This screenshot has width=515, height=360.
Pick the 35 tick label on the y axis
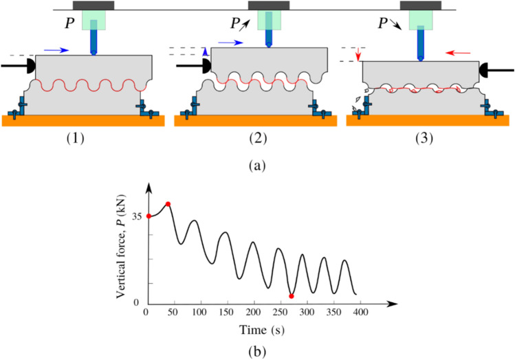point(136,216)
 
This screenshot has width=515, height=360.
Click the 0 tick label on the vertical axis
point(138,303)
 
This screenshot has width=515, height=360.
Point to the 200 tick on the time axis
point(254,313)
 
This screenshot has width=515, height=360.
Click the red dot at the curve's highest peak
point(168,204)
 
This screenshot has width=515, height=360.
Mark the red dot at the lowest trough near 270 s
point(292,296)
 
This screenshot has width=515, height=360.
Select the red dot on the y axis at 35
point(148,216)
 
